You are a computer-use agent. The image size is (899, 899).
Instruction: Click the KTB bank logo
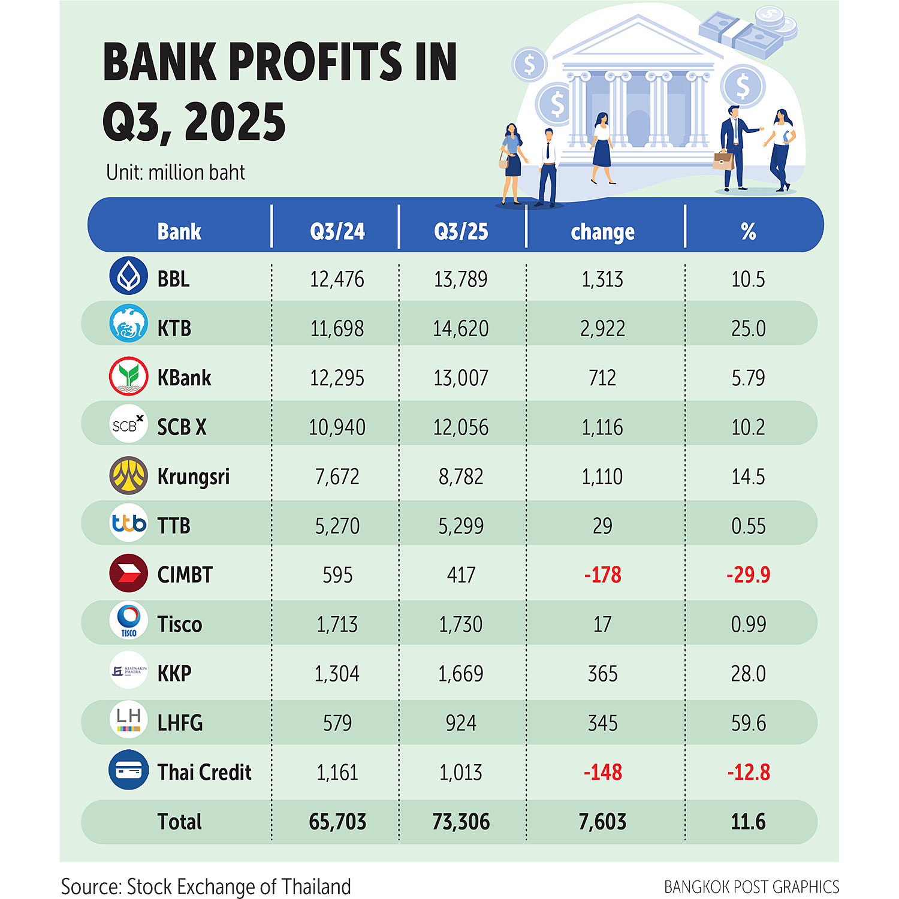[128, 324]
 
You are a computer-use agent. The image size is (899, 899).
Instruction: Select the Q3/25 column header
[461, 231]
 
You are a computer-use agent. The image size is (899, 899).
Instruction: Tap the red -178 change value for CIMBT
[602, 575]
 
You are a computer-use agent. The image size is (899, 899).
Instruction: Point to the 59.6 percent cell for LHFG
[748, 723]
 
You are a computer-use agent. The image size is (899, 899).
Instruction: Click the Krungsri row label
[193, 476]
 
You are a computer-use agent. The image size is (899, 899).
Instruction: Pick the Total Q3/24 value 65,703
[337, 822]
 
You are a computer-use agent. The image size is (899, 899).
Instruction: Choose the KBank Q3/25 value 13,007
[461, 378]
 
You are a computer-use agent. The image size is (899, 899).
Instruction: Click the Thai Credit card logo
[128, 770]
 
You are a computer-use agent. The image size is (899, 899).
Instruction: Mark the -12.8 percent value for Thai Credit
[748, 773]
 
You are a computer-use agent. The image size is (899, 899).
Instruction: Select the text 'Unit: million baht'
[176, 173]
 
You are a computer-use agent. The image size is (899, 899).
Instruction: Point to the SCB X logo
[128, 425]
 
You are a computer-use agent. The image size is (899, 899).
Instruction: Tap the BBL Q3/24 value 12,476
[337, 279]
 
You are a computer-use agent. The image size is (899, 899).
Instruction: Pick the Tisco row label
[180, 625]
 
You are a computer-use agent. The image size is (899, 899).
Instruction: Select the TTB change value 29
[602, 526]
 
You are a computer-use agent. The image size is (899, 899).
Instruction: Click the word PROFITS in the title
[316, 62]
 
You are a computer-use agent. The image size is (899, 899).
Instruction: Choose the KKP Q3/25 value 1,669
[461, 674]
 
